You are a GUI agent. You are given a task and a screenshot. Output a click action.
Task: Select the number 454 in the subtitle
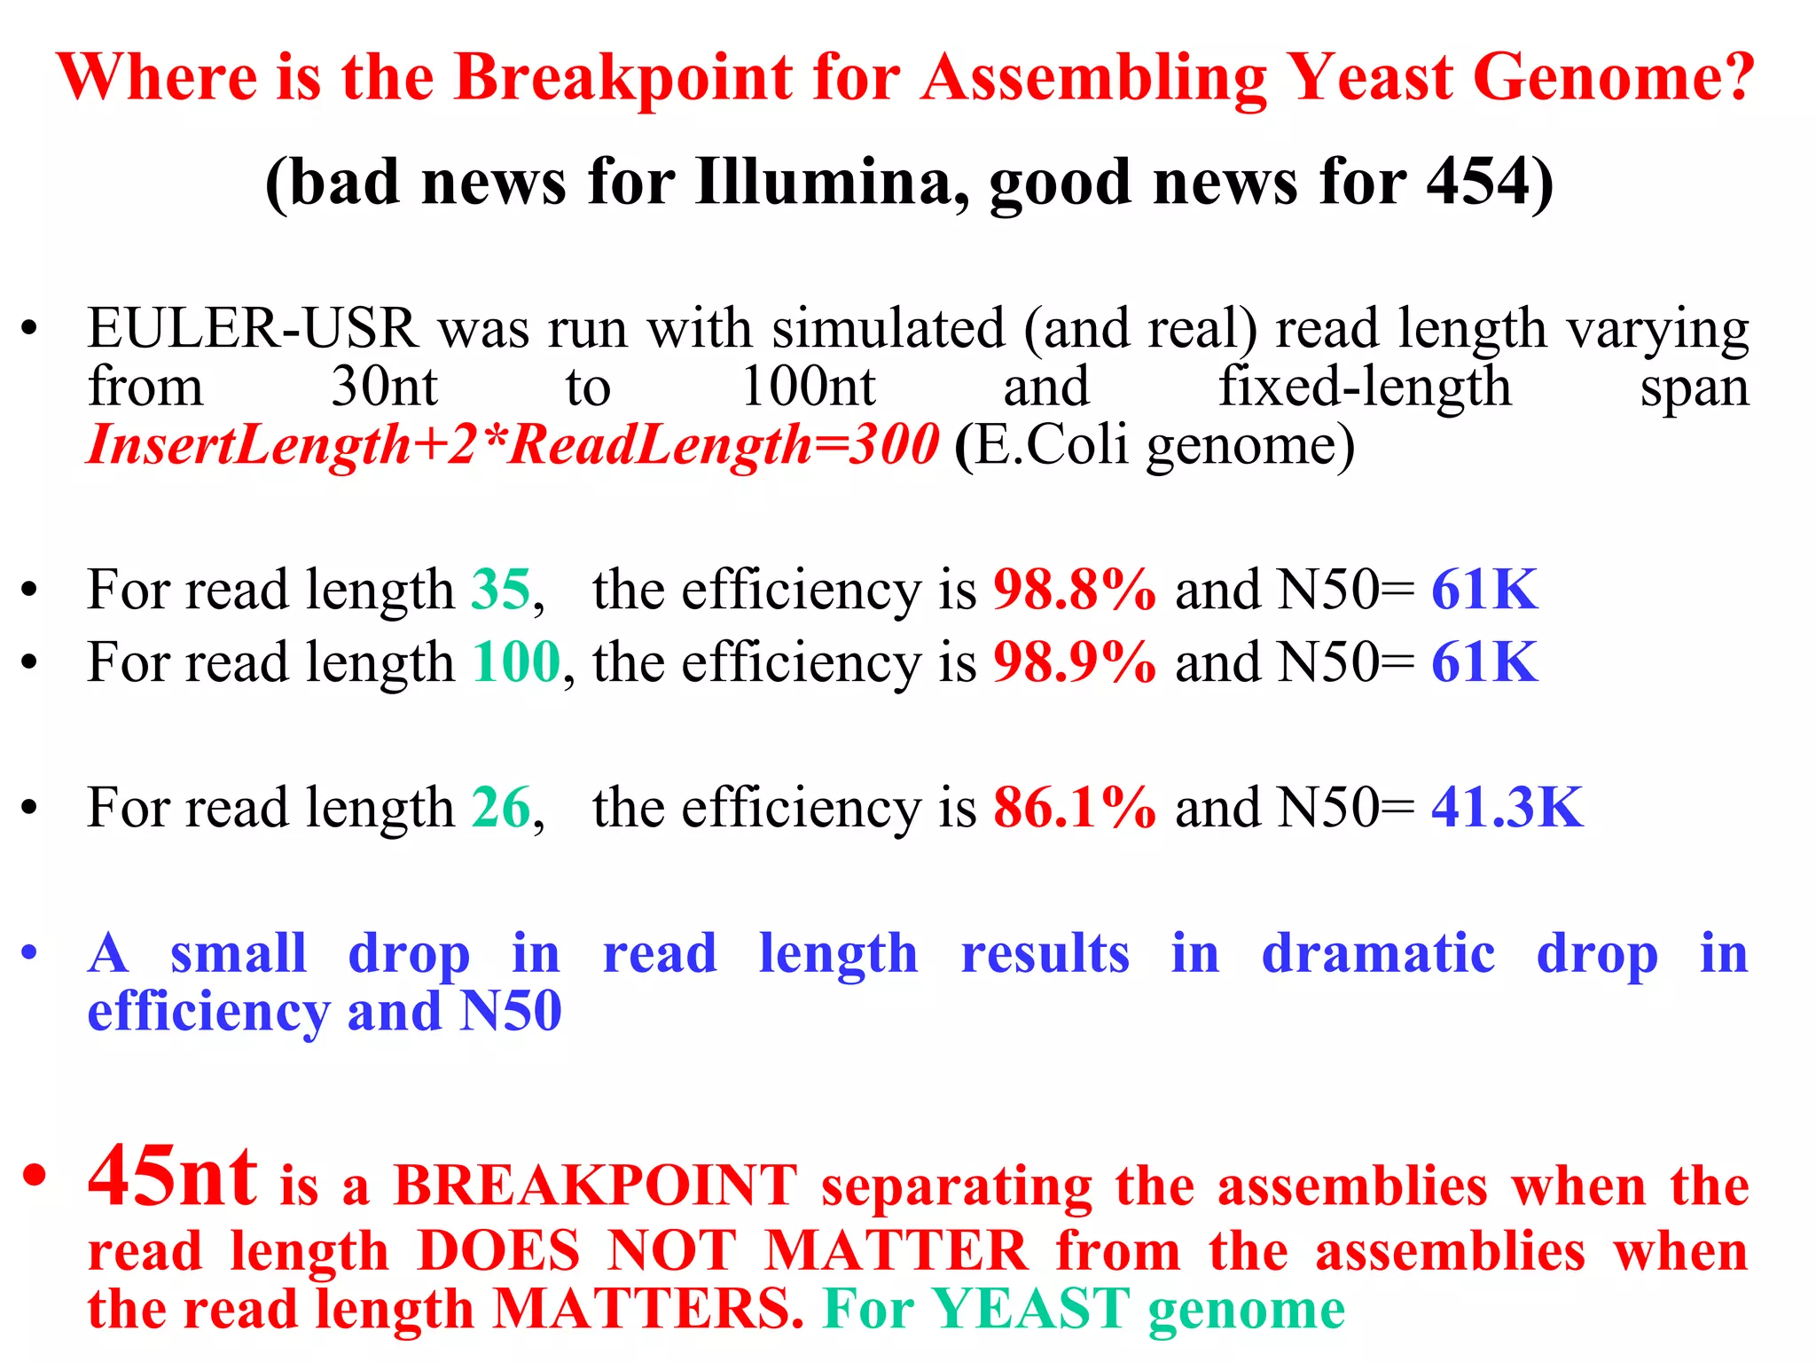tap(1476, 183)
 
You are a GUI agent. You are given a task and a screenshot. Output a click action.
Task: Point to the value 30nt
tap(384, 387)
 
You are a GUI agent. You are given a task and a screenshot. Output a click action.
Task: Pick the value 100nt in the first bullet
tap(808, 387)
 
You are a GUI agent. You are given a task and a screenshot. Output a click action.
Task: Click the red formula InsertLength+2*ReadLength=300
tap(513, 444)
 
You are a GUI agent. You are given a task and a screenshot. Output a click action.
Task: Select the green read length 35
tap(501, 590)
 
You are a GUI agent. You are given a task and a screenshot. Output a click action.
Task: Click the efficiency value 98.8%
tap(1075, 590)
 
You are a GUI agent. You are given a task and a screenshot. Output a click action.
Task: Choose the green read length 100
tap(516, 662)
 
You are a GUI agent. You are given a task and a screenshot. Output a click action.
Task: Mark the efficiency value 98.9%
tap(1075, 662)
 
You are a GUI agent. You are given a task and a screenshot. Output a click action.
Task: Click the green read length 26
tap(501, 808)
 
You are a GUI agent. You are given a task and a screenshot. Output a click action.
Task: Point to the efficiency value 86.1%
tap(1075, 808)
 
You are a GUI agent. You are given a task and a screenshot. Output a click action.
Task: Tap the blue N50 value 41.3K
tap(1507, 808)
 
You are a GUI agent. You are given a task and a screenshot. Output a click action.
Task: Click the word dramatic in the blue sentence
tap(1378, 954)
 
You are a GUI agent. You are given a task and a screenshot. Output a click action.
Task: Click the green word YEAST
tap(1029, 1309)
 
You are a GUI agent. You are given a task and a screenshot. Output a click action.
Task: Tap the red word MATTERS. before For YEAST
tap(648, 1309)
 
